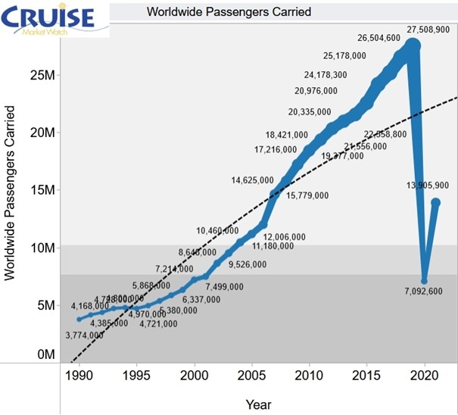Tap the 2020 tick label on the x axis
point(424,373)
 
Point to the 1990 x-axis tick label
point(79,373)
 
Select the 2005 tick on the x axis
point(251,373)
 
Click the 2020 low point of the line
point(425,281)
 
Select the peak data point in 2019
point(413,46)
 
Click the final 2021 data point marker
point(436,202)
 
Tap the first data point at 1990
point(79,319)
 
